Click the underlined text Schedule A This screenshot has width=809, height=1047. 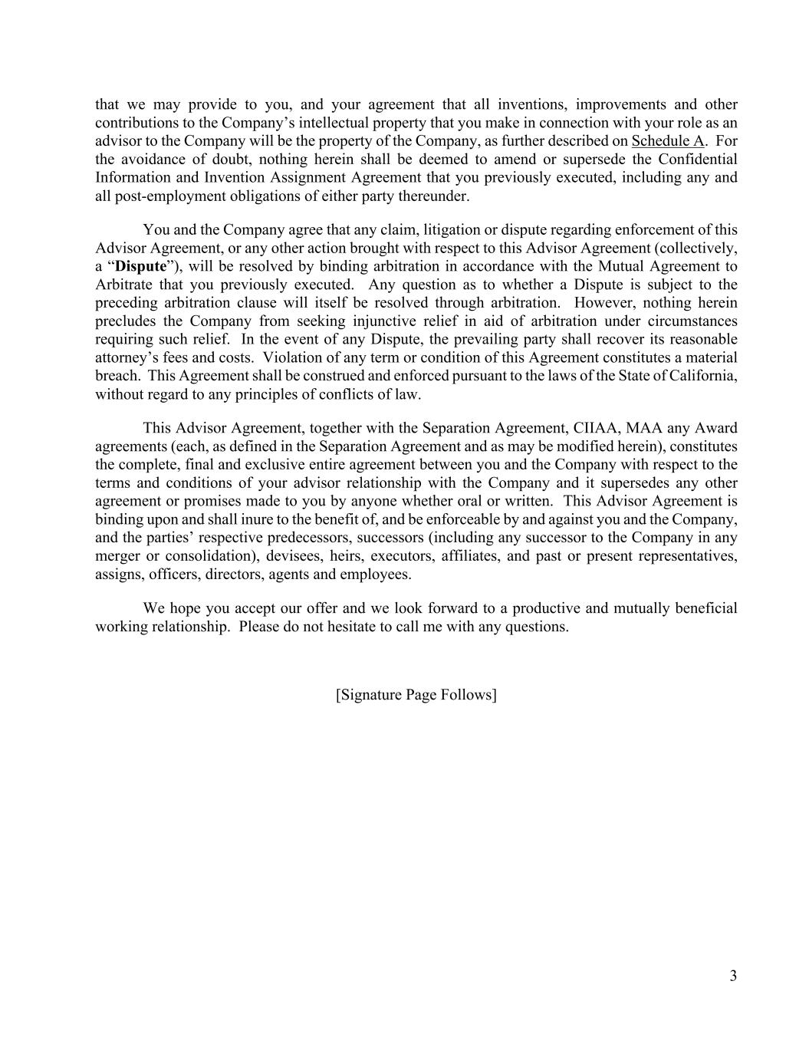click(x=667, y=141)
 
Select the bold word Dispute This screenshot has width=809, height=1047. click(x=140, y=267)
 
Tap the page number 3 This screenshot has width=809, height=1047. click(x=733, y=976)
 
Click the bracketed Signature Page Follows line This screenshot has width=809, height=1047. click(x=416, y=695)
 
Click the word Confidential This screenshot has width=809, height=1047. click(x=696, y=160)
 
